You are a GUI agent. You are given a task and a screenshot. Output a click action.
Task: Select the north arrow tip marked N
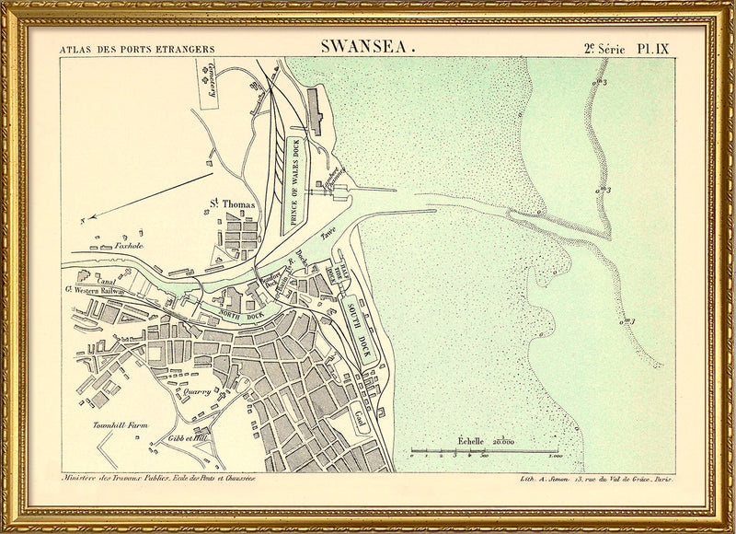83,221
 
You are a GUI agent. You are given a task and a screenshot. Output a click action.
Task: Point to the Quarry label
197,391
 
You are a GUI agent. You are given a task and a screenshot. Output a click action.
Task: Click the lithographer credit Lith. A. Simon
534,480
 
